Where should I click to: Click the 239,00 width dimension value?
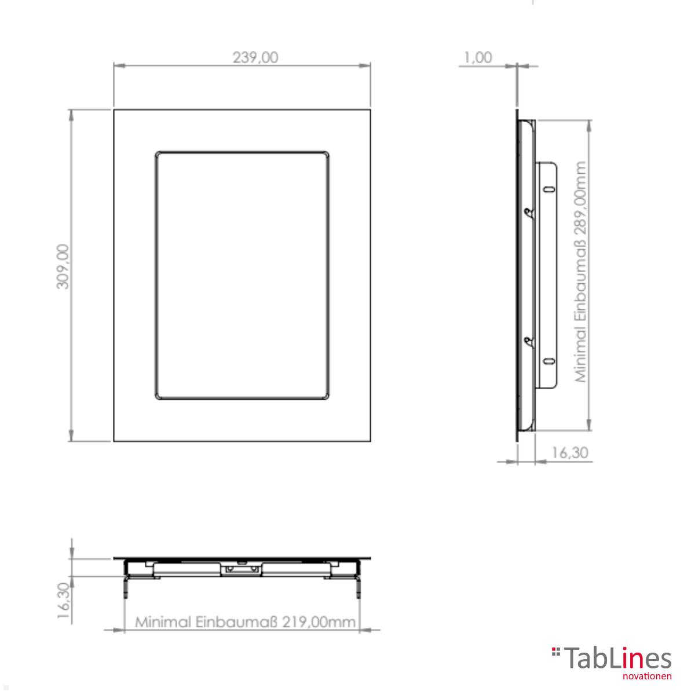pos(255,57)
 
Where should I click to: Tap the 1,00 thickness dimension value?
pos(478,57)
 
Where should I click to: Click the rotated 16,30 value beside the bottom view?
pos(64,602)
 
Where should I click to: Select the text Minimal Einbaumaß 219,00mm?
pos(246,622)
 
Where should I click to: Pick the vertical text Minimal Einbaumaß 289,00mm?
pos(581,272)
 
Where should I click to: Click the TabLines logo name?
pos(617,659)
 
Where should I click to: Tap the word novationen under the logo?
pos(647,676)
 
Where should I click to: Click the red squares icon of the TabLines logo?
pos(556,652)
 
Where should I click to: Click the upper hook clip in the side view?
pos(527,213)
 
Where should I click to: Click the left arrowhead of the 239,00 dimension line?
pos(119,65)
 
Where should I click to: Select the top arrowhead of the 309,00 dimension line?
pos(71,115)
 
